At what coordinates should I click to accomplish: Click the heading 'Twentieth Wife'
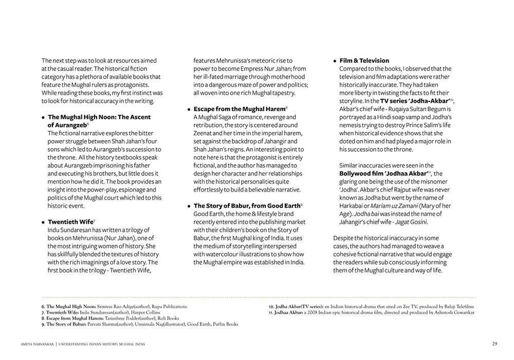[x=70, y=222]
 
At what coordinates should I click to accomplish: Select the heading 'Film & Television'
[x=364, y=61]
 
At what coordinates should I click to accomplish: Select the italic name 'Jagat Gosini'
[x=412, y=222]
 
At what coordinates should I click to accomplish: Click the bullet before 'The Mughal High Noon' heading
[x=43, y=117]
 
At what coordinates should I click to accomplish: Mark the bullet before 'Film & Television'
[x=335, y=61]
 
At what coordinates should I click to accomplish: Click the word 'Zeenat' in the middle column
[x=204, y=133]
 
